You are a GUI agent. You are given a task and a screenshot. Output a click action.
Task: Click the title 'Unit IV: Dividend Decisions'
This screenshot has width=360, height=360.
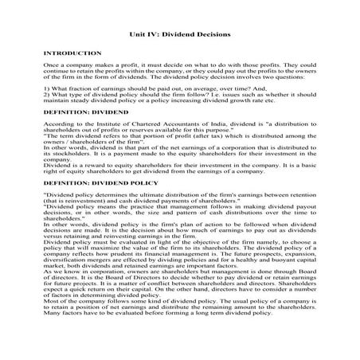click(x=179, y=34)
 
